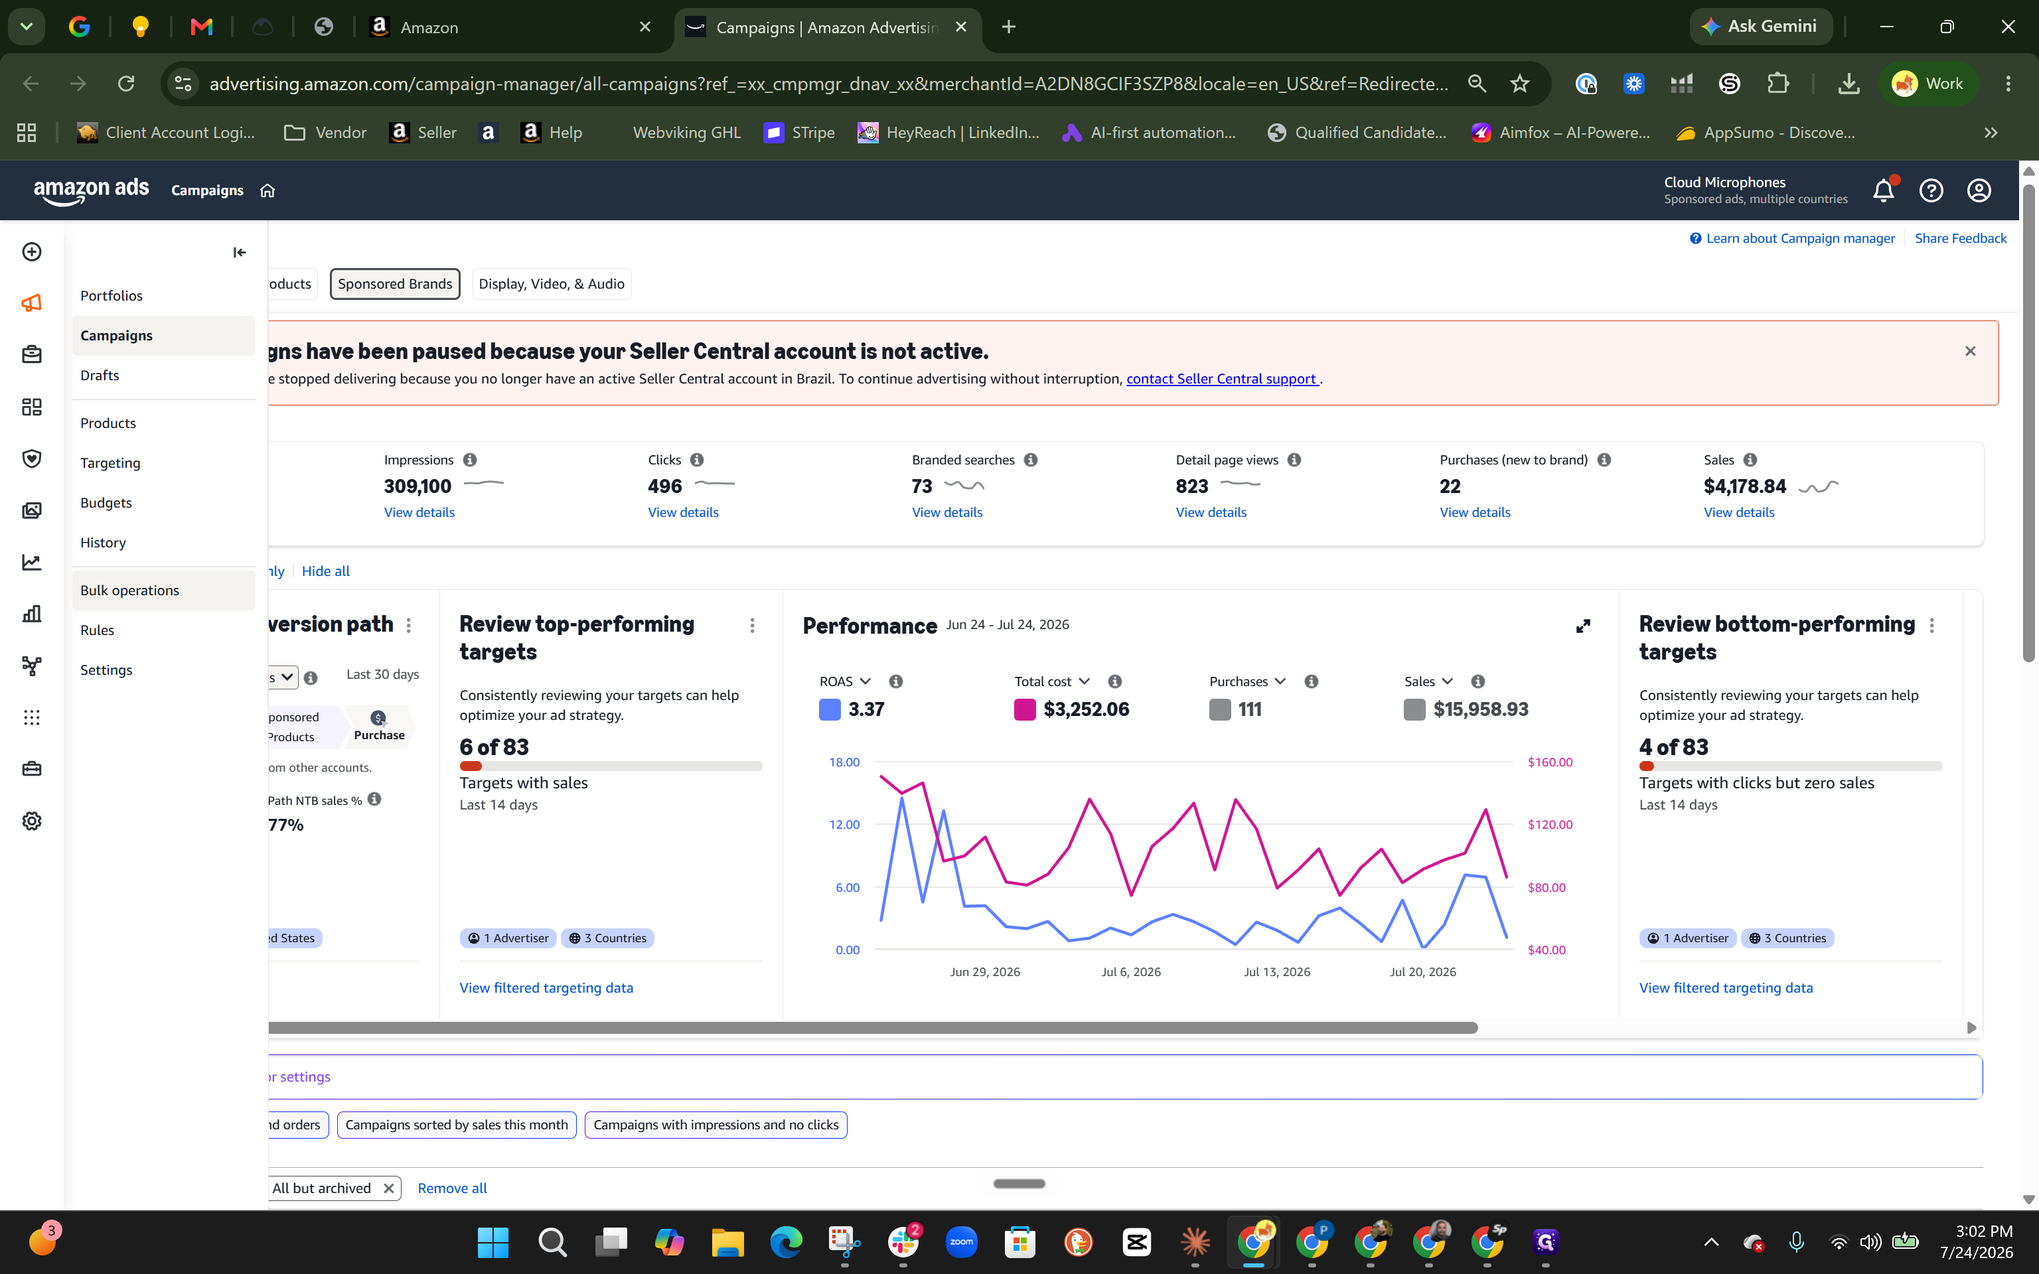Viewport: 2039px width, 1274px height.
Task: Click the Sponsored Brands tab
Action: (x=394, y=284)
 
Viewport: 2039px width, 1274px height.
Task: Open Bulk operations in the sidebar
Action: (x=129, y=590)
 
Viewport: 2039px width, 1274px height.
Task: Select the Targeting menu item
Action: (x=110, y=462)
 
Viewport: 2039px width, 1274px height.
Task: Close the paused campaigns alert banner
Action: (x=1970, y=352)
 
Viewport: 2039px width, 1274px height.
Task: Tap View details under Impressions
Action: (x=419, y=512)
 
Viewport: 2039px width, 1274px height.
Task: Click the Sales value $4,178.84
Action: (x=1744, y=486)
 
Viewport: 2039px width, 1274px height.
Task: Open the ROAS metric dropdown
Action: (x=845, y=681)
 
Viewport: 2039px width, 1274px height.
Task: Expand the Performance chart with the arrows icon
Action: (x=1583, y=626)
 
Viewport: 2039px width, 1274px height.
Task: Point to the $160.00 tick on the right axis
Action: (x=1549, y=762)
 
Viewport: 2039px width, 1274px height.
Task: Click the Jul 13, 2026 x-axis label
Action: (x=1276, y=971)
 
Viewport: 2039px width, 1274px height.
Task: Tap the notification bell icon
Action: (x=1883, y=190)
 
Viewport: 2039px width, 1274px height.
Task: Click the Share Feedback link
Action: (x=1960, y=238)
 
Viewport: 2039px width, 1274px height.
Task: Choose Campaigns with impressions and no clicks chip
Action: (x=716, y=1125)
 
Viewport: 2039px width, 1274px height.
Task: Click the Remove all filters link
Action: (x=451, y=1188)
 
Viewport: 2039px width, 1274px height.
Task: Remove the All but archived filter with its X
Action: (x=388, y=1188)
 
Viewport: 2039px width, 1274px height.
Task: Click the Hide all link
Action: (x=325, y=571)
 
